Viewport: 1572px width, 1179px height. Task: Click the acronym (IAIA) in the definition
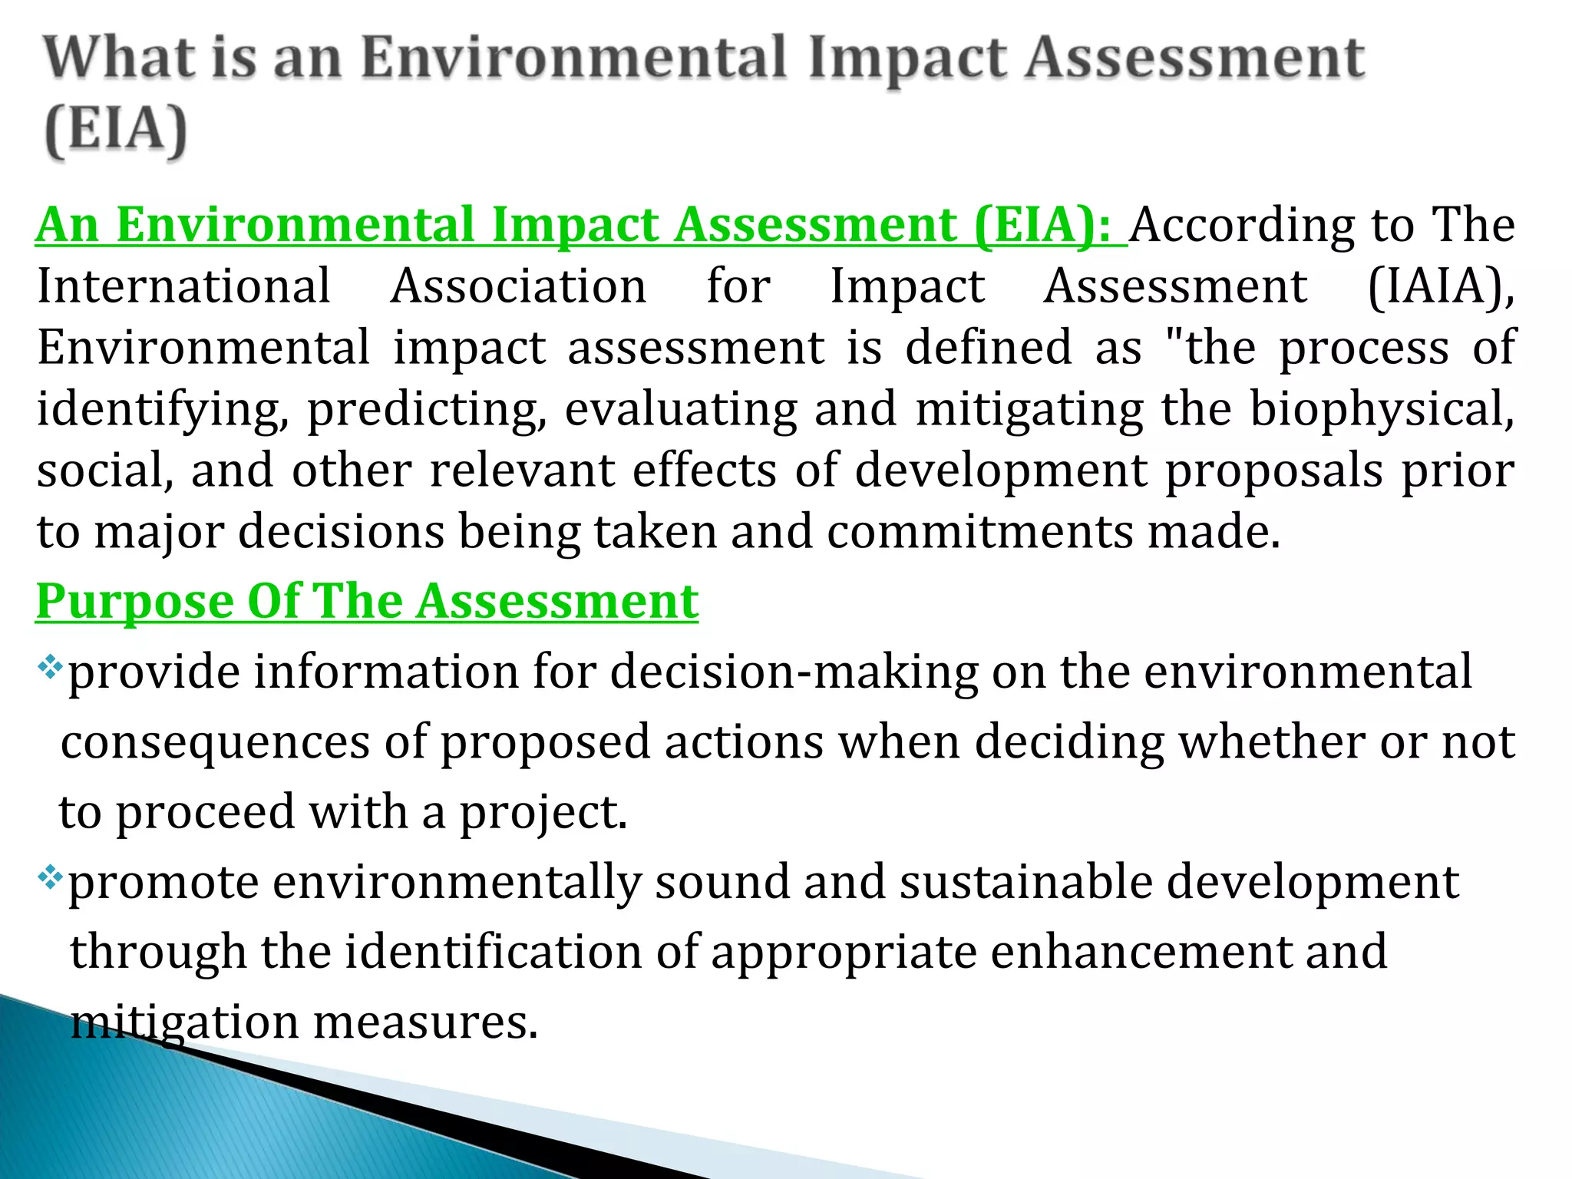(x=1442, y=287)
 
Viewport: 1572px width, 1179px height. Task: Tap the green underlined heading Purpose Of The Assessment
(x=367, y=601)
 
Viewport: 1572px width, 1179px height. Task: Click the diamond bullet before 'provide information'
(x=50, y=666)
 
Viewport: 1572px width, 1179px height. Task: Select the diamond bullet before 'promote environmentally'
(x=50, y=877)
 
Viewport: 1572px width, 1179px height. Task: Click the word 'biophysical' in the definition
(x=1382, y=409)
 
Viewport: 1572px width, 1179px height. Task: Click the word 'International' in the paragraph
(x=184, y=287)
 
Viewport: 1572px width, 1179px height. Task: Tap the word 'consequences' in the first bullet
(x=216, y=742)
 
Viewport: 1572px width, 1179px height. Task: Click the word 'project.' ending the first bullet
(x=543, y=813)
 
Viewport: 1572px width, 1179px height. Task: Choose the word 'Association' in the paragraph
(x=519, y=287)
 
